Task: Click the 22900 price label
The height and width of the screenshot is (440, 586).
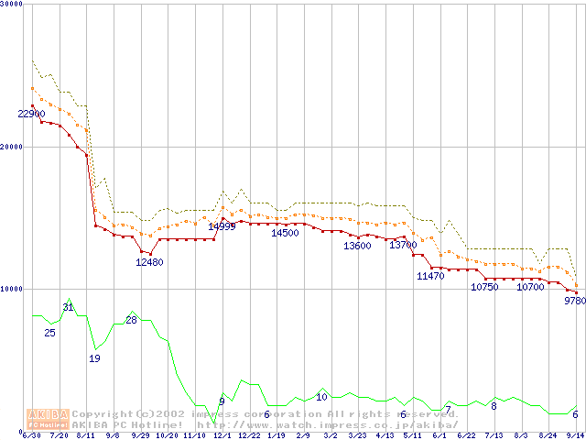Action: (31, 115)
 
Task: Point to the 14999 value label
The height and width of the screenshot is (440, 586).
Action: (222, 226)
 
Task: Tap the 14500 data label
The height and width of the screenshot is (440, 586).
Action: (285, 234)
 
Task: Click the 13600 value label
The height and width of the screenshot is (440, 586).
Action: (357, 246)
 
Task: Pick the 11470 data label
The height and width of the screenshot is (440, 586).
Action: (430, 276)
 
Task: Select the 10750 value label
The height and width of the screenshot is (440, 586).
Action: (485, 287)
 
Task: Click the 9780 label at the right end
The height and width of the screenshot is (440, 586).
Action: (574, 300)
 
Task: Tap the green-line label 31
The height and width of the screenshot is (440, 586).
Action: (68, 307)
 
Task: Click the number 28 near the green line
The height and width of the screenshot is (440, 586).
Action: (131, 320)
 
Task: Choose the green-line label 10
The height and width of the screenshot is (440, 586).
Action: (321, 397)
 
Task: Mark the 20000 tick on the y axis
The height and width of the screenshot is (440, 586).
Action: (12, 148)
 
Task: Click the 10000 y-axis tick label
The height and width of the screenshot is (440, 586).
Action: (12, 290)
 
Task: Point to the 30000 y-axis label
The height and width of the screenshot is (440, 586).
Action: (12, 4)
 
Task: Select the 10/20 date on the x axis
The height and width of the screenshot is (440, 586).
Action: (167, 435)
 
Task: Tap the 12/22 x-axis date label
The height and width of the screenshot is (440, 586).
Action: (249, 435)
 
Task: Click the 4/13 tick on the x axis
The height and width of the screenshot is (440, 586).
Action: (385, 435)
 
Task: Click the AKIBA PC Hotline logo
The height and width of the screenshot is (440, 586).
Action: (48, 419)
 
